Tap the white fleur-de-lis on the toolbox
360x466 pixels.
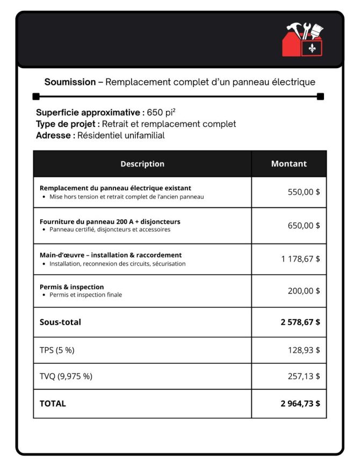coord(312,48)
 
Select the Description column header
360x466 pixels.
coord(142,164)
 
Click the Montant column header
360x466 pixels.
coord(289,164)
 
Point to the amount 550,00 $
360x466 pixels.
coord(304,192)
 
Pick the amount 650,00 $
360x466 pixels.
coord(304,225)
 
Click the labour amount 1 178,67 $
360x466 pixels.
coord(300,259)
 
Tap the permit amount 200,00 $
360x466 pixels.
coord(304,291)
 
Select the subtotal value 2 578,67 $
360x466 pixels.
coord(300,322)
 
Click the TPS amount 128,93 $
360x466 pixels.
coord(304,350)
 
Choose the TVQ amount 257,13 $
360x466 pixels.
coord(304,376)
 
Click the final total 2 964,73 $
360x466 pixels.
coord(300,404)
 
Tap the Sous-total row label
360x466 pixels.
coord(60,322)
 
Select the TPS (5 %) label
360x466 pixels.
coord(57,350)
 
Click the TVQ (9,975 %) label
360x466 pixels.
coord(66,376)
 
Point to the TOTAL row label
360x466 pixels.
coord(53,404)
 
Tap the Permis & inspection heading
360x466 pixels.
coord(72,287)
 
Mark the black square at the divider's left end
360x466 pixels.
coord(36,97)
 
